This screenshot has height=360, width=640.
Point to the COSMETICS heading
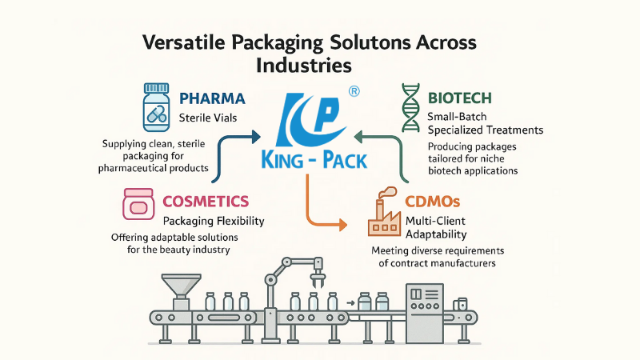point(206,202)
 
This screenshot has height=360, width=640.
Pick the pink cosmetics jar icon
point(138,205)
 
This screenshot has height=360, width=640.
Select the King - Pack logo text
point(314,160)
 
